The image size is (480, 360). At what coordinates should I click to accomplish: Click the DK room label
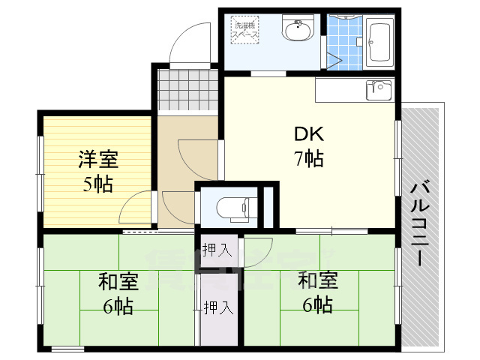307,135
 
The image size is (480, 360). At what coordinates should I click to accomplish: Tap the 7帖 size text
307,158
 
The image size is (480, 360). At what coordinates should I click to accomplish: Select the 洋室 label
97,160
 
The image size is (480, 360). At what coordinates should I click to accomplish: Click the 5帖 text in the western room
97,184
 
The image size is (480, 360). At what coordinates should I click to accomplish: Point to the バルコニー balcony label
421,223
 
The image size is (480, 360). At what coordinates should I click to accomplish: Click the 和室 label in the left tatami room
118,283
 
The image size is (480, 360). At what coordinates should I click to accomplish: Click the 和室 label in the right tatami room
317,281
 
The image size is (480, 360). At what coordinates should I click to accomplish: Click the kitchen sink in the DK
378,90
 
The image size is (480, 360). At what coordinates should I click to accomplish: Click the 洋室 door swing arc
135,206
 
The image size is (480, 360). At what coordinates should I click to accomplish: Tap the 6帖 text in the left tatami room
118,306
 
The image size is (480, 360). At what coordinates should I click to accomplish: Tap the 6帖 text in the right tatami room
317,304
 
